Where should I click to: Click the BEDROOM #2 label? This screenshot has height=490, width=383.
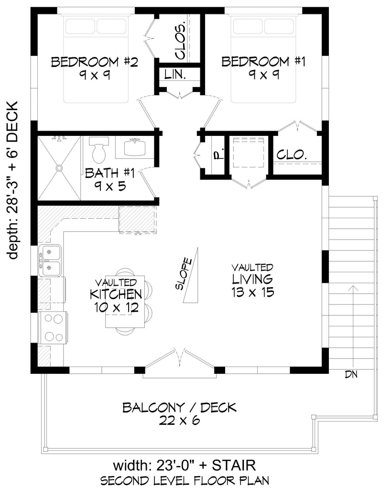94,62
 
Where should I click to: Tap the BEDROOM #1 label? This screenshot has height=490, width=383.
263,62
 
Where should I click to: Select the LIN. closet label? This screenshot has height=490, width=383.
175,74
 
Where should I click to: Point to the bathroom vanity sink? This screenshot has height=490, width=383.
135,147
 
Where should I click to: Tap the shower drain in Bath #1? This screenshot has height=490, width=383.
59,168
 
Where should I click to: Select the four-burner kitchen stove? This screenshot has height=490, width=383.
52,327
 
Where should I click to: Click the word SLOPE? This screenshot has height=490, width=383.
183,274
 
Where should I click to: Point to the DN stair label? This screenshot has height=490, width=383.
351,374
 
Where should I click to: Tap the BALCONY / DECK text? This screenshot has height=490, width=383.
179,408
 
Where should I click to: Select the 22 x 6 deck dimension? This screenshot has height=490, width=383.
179,421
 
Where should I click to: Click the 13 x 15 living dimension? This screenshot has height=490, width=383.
253,292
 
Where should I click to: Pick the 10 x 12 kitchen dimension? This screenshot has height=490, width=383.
116,308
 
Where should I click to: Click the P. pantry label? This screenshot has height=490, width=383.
220,154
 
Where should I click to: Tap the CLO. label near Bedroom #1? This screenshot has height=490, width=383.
292,155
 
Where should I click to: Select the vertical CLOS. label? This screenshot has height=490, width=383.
180,41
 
